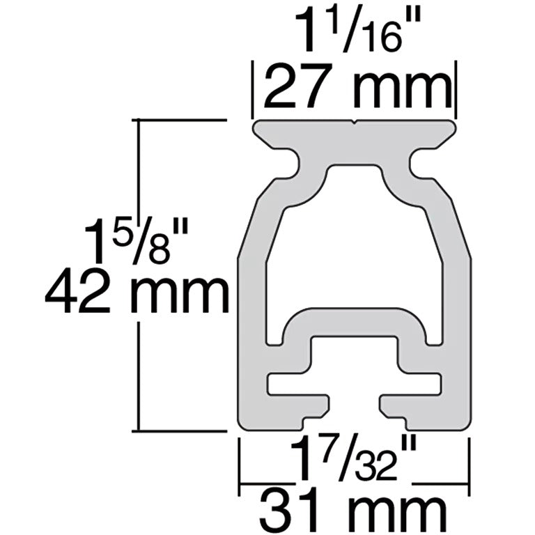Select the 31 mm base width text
point(353,511)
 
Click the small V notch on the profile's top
point(357,123)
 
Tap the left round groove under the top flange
point(290,165)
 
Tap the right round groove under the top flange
point(421,165)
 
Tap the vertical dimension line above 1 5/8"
point(141,167)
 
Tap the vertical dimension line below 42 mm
point(141,376)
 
